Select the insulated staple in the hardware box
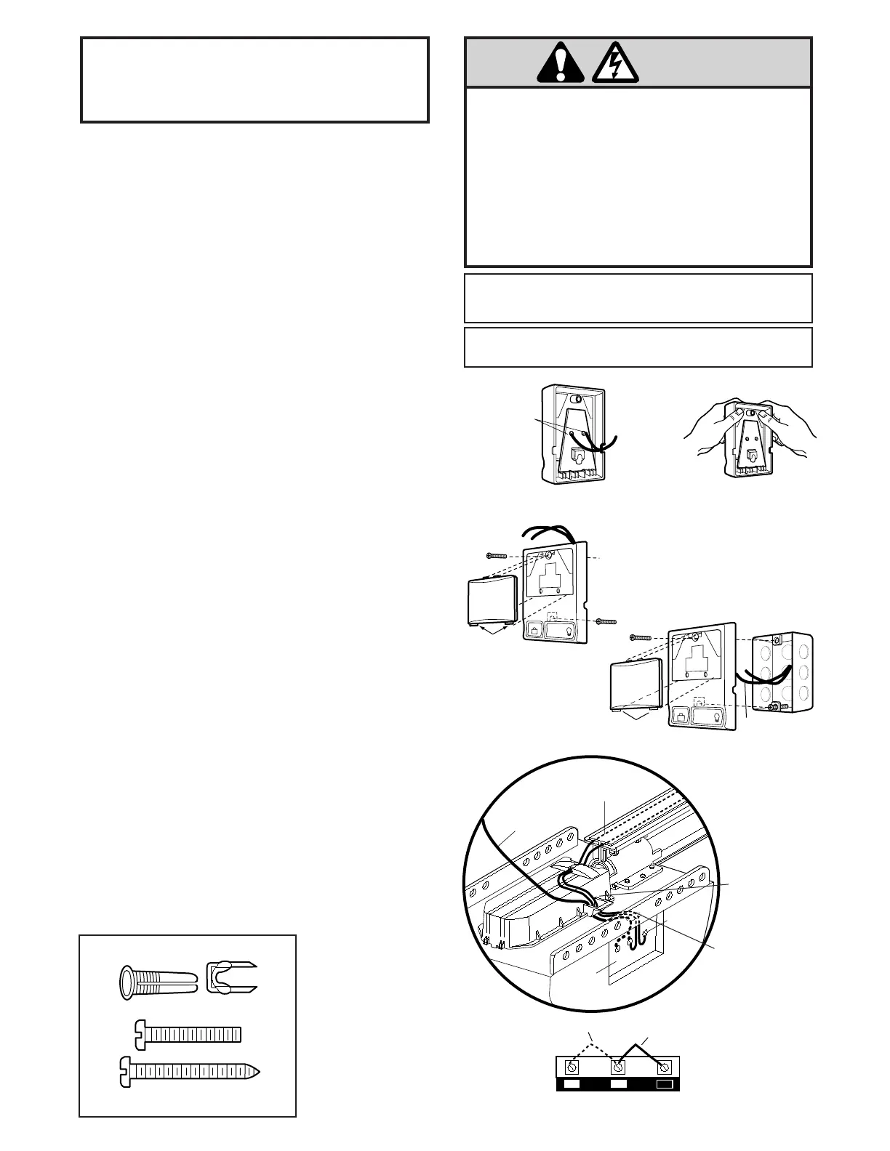(x=230, y=981)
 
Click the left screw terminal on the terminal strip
(x=572, y=1067)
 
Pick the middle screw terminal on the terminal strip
(x=618, y=1067)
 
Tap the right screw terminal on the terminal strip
(x=664, y=1067)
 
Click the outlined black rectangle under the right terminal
(x=664, y=1084)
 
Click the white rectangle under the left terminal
(x=573, y=1084)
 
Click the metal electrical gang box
(x=782, y=673)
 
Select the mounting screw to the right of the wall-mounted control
(x=605, y=622)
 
